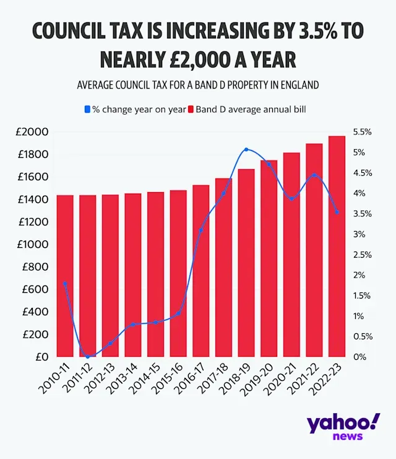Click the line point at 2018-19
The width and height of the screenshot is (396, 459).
point(246,149)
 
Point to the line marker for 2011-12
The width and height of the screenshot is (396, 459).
point(88,357)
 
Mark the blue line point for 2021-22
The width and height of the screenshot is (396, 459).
point(314,175)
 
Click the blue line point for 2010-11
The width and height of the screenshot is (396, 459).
point(65,284)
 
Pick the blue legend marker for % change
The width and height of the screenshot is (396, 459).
point(87,110)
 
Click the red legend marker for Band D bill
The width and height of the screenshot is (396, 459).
point(192,110)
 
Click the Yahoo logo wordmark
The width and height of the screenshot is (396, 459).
point(342,426)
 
